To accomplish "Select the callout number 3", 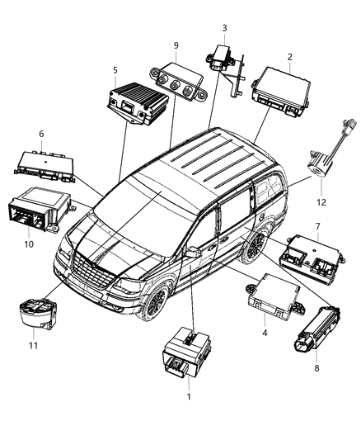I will pyautogui.click(x=223, y=28).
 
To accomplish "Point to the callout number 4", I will pyautogui.click(x=263, y=333).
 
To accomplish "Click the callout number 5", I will pyautogui.click(x=115, y=70).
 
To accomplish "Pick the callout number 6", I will pyautogui.click(x=41, y=134).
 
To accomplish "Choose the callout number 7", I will pyautogui.click(x=316, y=225).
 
